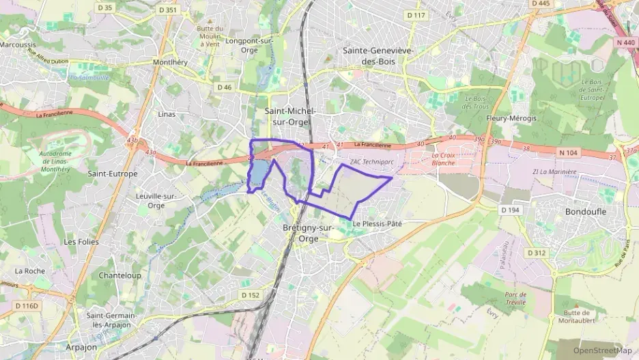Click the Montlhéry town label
click(x=170, y=61)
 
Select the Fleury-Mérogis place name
click(x=511, y=118)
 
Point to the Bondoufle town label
click(x=586, y=212)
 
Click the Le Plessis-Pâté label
click(x=377, y=224)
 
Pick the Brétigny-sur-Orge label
click(x=307, y=233)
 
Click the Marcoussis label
click(x=17, y=44)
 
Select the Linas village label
click(x=167, y=114)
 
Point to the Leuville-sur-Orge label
click(x=156, y=201)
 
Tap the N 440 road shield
click(x=625, y=42)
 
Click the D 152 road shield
click(x=251, y=295)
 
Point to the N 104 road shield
click(x=567, y=153)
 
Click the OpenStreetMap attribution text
click(x=602, y=351)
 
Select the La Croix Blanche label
click(x=443, y=159)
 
